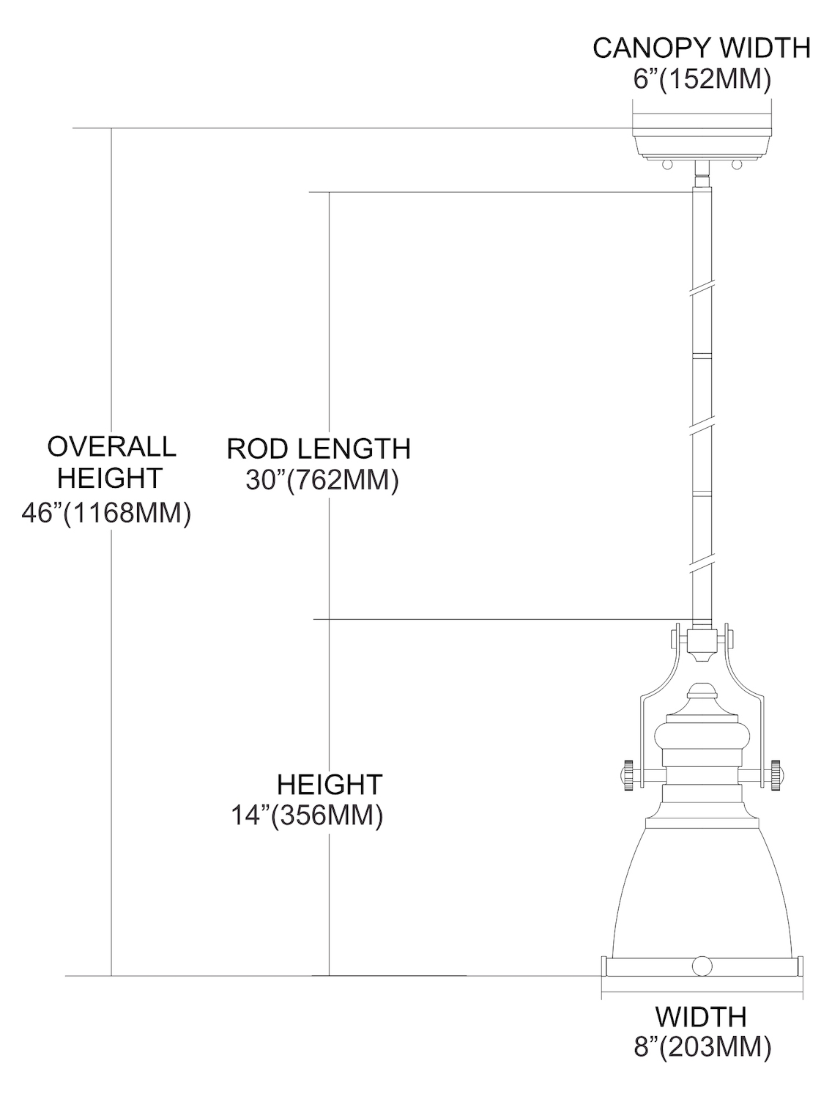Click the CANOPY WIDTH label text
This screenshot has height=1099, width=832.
[702, 48]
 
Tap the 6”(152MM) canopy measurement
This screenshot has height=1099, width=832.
[702, 79]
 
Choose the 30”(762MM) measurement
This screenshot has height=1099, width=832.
[322, 481]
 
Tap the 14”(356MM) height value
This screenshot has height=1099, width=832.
[307, 815]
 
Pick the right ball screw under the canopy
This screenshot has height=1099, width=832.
[736, 166]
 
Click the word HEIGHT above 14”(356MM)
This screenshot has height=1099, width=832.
[330, 785]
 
